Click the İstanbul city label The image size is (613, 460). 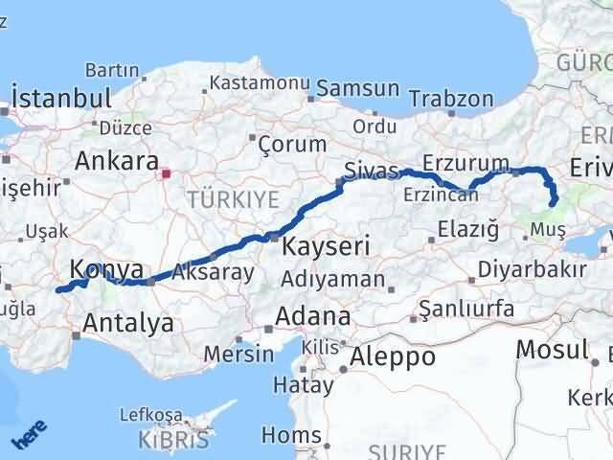[61, 99]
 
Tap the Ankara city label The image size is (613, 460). [116, 159]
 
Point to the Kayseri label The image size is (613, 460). [326, 246]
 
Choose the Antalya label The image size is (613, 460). [129, 323]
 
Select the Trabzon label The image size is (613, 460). [450, 100]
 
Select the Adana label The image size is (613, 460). [312, 315]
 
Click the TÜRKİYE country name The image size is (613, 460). [234, 200]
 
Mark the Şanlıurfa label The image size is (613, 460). [469, 310]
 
